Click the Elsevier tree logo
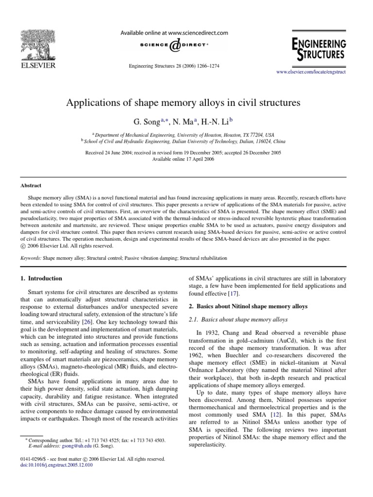(x=37, y=43)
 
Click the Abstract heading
(x=31, y=185)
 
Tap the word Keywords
(x=31, y=258)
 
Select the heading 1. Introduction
(x=41, y=279)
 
